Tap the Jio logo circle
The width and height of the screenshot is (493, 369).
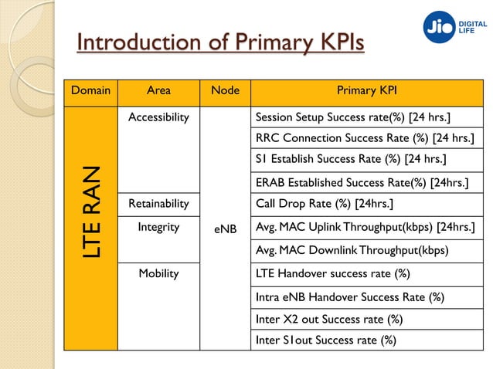(440, 27)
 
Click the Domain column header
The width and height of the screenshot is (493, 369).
(90, 91)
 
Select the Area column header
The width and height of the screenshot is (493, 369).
(158, 91)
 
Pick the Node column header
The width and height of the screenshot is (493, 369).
(225, 91)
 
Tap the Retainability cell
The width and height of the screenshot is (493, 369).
(158, 204)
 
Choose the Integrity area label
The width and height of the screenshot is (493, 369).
(158, 227)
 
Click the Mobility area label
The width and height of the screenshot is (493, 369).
(158, 273)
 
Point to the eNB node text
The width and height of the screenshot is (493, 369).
(225, 229)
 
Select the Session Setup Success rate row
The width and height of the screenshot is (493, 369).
(353, 117)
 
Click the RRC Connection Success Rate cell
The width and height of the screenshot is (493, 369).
(364, 138)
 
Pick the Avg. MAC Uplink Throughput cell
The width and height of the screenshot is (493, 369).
(364, 227)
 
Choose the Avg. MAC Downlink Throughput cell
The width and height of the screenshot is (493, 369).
(352, 250)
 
